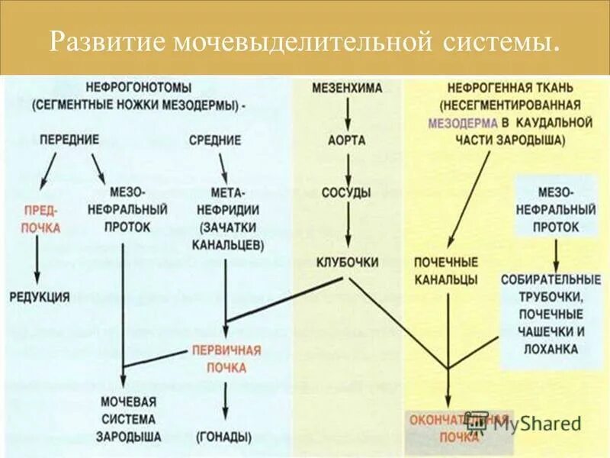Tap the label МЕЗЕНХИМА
click(x=348, y=88)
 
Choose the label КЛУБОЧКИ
click(x=348, y=262)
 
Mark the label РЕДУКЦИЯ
click(x=39, y=297)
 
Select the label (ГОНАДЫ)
click(x=224, y=437)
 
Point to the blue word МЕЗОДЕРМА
click(x=460, y=123)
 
